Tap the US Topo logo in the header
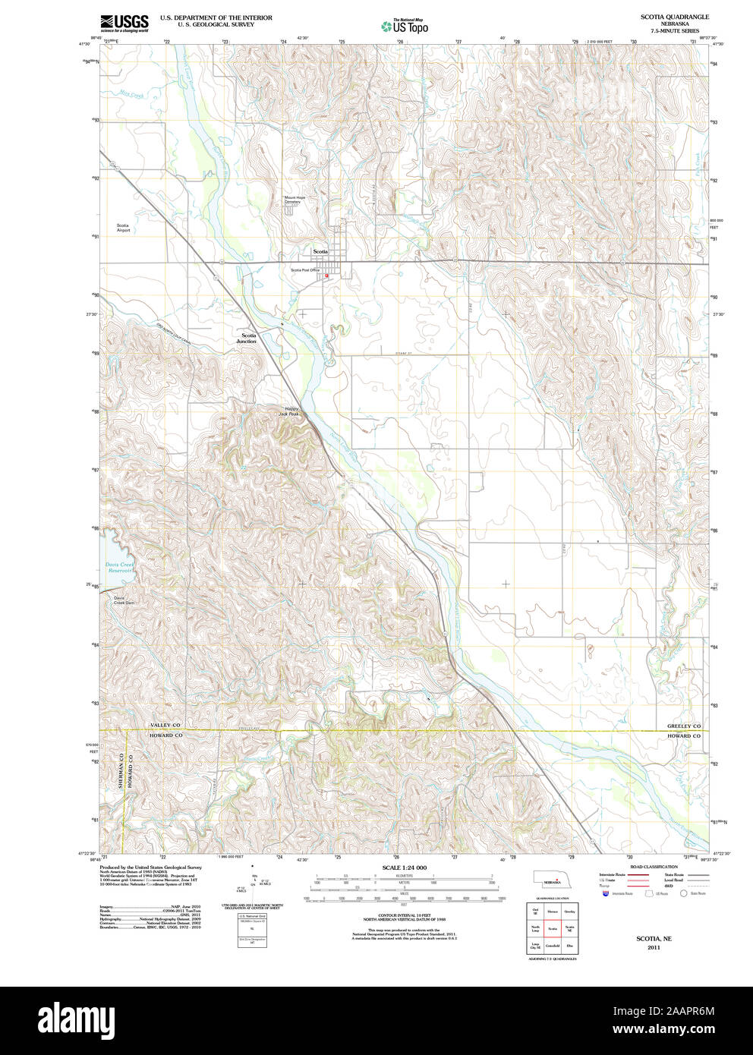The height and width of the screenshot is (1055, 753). (x=405, y=27)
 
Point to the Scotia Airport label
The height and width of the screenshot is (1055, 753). (x=123, y=228)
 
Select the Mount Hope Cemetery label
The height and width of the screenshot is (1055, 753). (x=295, y=200)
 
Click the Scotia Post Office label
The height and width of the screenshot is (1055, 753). (x=306, y=270)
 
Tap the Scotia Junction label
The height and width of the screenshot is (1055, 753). (x=248, y=338)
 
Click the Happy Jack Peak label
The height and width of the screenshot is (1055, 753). (x=289, y=411)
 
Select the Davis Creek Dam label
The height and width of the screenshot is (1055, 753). (x=123, y=600)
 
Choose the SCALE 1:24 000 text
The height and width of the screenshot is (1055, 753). (x=404, y=868)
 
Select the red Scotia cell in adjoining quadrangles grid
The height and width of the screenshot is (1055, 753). (x=553, y=928)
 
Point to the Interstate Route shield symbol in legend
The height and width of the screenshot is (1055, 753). (x=606, y=895)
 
